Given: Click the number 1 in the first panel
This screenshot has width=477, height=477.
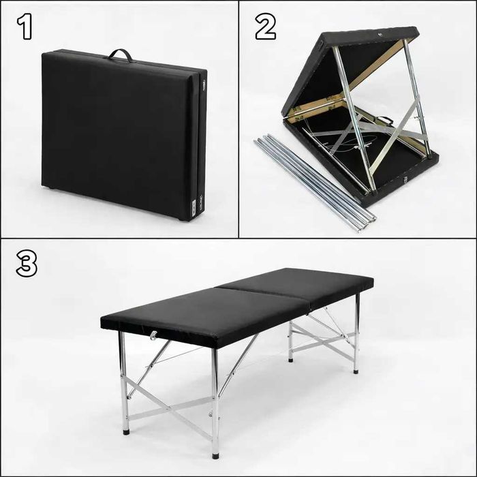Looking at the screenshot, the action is [25, 27].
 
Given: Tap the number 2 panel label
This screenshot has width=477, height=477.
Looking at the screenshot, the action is [265, 27].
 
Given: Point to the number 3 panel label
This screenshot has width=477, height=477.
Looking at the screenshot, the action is [27, 264].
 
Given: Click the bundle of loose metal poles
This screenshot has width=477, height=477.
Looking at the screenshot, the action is [314, 182].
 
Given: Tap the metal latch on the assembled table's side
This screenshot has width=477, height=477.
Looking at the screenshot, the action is [154, 335].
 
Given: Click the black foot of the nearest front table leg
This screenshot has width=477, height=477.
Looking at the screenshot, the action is [216, 456].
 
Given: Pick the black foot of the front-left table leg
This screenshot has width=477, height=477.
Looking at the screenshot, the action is [126, 431].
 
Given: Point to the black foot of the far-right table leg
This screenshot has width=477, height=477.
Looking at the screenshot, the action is [356, 371].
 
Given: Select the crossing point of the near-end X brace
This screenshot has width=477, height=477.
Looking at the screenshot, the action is [170, 409].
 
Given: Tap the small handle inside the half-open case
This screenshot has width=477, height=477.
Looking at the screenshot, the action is [384, 119].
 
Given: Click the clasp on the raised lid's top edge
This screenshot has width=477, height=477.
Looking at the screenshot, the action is [380, 35].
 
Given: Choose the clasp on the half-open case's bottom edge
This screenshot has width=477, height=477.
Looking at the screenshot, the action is [405, 180].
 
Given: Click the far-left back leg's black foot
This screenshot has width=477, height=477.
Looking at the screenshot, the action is [291, 360].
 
